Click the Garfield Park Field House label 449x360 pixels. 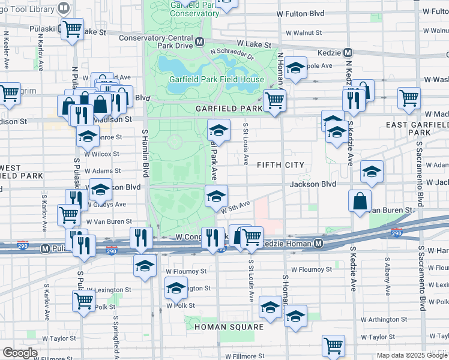[216, 79]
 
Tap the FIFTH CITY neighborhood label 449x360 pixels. [281, 164]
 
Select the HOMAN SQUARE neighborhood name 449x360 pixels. [229, 327]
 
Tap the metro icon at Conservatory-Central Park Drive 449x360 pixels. [199, 42]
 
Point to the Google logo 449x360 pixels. [20, 353]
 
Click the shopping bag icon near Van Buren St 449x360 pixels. [361, 201]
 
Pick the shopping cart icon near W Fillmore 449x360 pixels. [333, 346]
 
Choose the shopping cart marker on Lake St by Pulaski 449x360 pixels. [72, 28]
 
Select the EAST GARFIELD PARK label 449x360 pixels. [417, 128]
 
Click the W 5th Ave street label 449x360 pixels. [235, 208]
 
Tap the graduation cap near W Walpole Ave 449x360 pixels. [295, 68]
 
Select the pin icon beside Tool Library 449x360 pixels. [63, 8]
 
